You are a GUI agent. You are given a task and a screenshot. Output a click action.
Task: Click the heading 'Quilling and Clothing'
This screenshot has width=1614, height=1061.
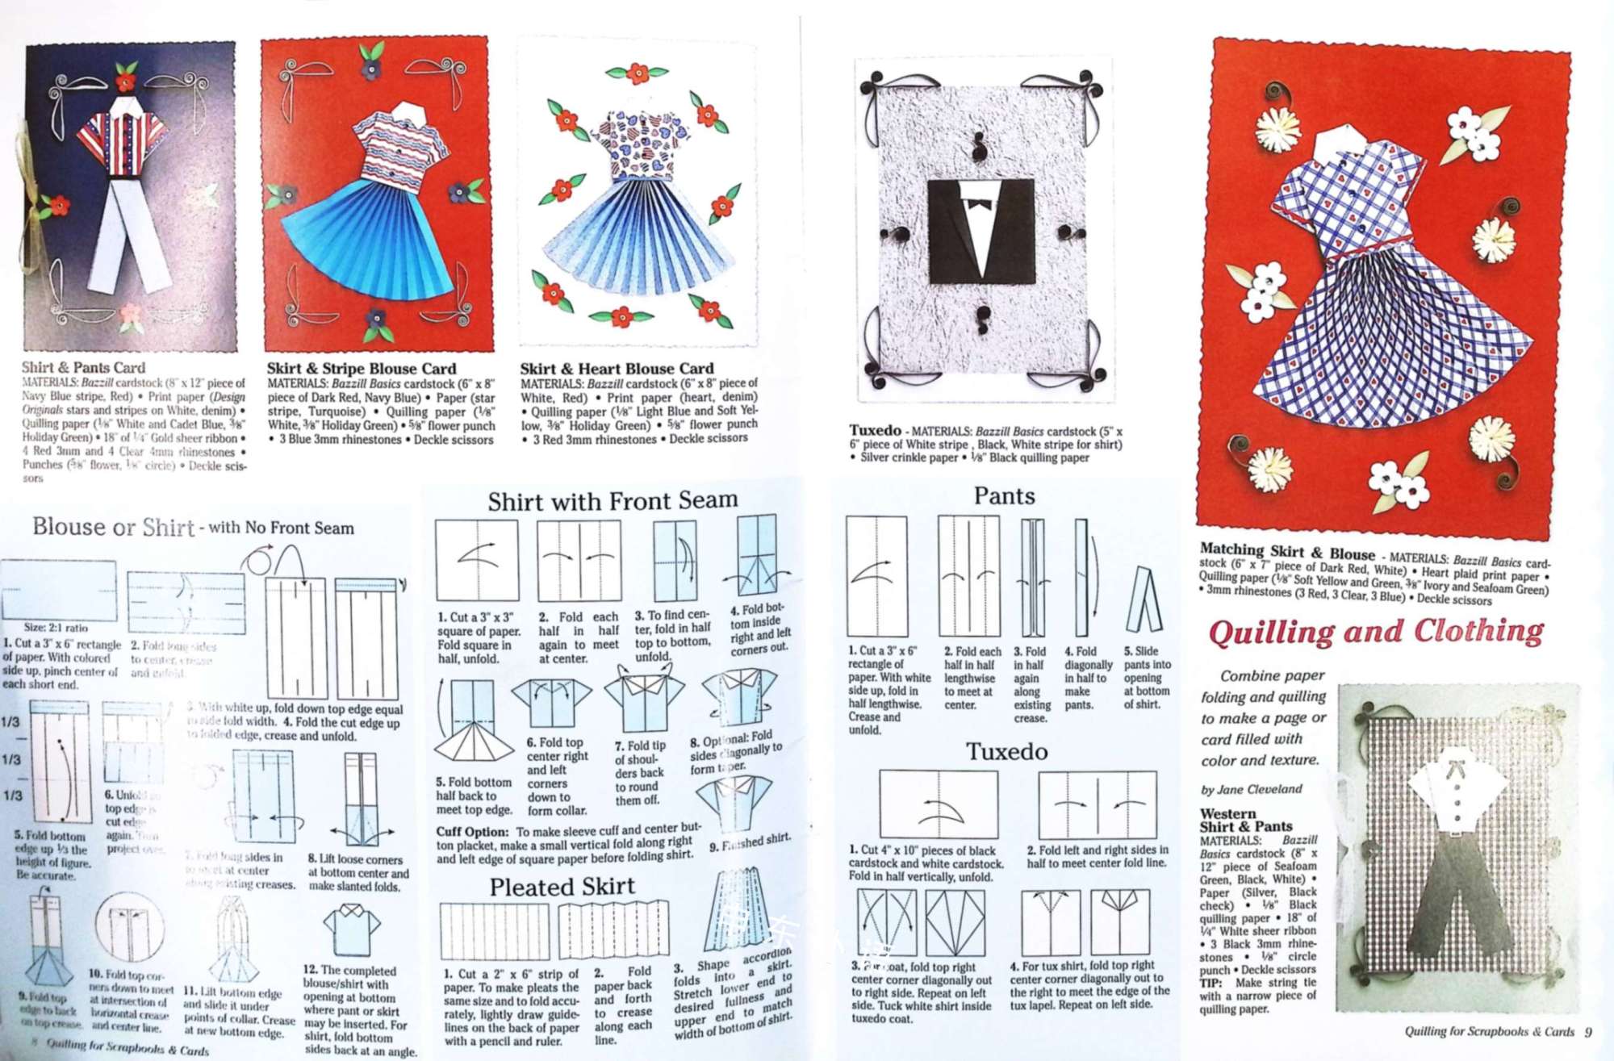1375,631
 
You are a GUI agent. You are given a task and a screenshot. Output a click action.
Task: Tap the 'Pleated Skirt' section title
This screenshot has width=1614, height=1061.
562,887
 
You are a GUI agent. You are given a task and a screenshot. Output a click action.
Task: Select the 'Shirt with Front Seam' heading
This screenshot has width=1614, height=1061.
613,501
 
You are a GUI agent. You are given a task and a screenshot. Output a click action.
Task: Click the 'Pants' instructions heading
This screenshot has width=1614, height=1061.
1004,495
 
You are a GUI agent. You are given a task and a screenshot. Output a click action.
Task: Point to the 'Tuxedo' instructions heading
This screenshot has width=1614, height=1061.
1007,752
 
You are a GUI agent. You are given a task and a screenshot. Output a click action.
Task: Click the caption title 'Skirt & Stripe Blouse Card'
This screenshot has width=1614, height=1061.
362,369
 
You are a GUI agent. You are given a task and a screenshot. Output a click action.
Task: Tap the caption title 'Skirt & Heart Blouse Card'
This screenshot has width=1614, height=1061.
617,369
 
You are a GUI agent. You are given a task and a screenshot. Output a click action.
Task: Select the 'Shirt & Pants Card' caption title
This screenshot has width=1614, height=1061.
83,367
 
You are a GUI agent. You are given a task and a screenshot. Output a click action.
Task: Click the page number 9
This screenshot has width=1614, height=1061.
1587,1031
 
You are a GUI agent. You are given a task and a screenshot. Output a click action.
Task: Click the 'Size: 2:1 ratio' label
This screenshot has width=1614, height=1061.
56,627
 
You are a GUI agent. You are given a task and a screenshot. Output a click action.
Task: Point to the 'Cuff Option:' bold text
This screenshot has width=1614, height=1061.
472,832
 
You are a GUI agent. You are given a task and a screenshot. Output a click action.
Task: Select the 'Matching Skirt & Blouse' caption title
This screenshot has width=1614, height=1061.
1286,551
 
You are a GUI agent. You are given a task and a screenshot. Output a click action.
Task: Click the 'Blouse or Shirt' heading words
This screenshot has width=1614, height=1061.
113,527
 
